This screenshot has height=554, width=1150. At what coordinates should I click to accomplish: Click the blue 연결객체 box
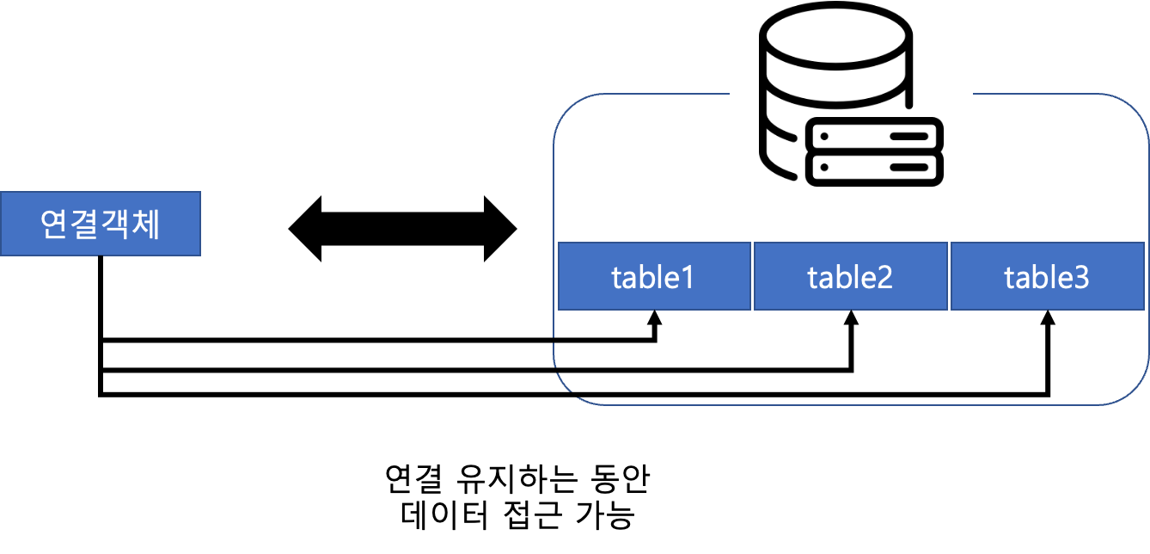100,224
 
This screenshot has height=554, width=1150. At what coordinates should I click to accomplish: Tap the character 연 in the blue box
55,225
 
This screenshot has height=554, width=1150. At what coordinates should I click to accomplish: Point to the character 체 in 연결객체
145,225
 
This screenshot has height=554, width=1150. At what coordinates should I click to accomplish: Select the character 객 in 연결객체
115,225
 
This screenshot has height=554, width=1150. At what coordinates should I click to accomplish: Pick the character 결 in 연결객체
85,225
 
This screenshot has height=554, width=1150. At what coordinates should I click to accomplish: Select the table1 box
654,276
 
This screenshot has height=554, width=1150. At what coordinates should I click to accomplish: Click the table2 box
851,276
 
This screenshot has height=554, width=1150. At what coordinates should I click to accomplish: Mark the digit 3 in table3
1080,278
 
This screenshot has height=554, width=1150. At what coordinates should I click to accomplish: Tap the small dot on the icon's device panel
824,136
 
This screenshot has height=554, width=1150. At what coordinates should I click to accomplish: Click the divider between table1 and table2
752,276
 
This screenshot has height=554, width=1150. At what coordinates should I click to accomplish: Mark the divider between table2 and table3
949,276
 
